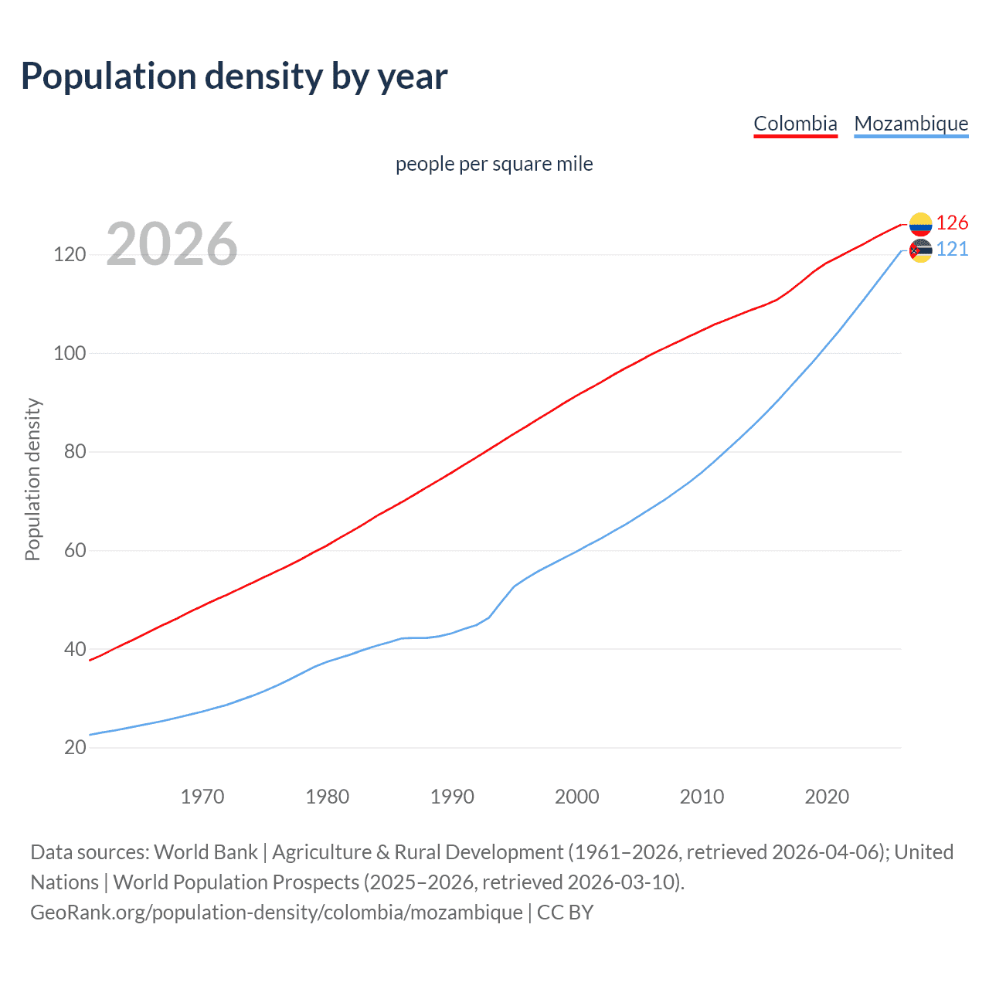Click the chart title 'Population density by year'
[x=234, y=76]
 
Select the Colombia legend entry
[x=795, y=124]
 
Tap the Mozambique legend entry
[x=911, y=124]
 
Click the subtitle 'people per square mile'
[x=494, y=164]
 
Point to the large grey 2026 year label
[x=172, y=244]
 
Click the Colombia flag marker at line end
[x=920, y=224]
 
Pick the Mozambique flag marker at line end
[x=920, y=250]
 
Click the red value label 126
[x=952, y=223]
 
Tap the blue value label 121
[x=952, y=250]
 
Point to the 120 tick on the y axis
[x=70, y=254]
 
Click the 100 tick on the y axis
[x=70, y=353]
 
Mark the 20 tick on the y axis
[x=75, y=748]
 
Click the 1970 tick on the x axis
[x=202, y=797]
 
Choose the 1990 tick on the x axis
[x=452, y=797]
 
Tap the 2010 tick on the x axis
[x=702, y=797]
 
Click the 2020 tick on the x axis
[x=827, y=797]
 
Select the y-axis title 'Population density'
[x=33, y=479]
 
